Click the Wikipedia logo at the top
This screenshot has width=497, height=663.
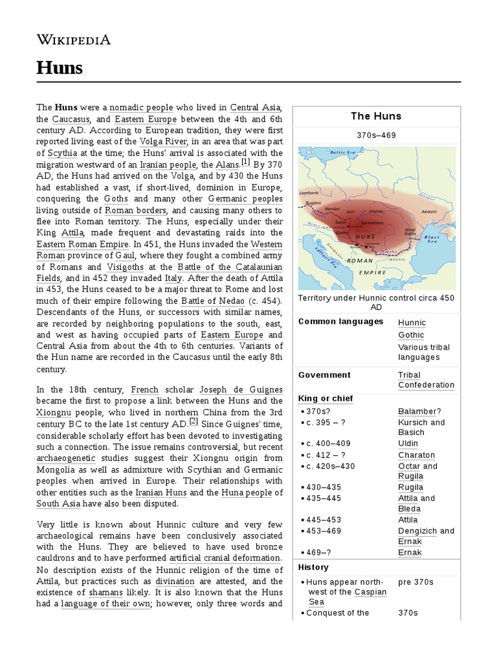point(73,40)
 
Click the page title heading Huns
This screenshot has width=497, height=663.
point(60,67)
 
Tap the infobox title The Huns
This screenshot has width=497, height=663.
point(376,117)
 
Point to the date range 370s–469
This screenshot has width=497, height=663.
point(376,135)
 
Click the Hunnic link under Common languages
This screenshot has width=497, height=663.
point(412,322)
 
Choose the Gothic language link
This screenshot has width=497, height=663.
point(411,335)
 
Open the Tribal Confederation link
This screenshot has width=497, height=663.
point(426,380)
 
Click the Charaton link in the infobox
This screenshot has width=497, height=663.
point(416,455)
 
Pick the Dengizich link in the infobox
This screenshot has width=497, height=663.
point(417,531)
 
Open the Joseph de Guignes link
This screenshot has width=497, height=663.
point(232,390)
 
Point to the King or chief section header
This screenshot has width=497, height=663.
point(326,398)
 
